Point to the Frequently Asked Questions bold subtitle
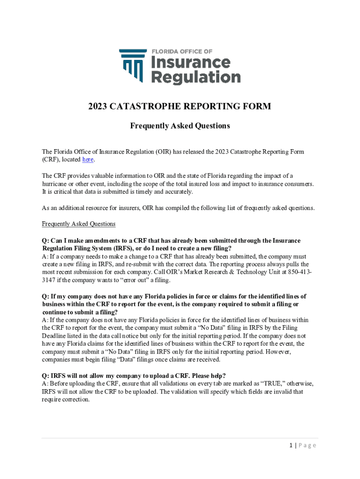click(180, 126)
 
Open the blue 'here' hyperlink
click(87, 160)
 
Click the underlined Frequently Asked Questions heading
click(79, 224)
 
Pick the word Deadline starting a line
click(56, 336)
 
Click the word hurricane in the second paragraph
click(57, 184)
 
